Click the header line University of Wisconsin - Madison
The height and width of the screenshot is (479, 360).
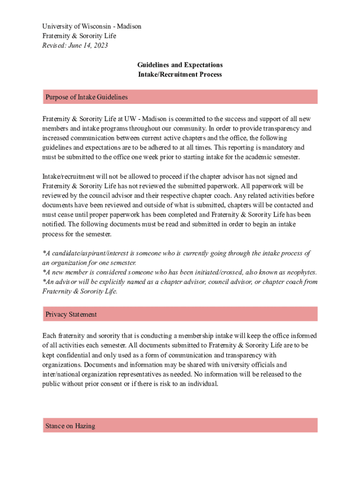click(92, 26)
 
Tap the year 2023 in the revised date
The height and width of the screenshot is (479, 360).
click(100, 45)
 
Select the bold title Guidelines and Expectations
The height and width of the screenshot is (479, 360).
click(180, 65)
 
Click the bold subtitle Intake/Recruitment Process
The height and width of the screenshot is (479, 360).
click(180, 74)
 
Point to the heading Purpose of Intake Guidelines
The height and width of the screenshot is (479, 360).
click(86, 97)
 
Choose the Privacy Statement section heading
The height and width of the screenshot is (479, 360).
click(71, 314)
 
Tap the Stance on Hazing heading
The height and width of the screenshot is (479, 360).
click(70, 426)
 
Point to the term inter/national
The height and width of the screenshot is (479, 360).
click(61, 374)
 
